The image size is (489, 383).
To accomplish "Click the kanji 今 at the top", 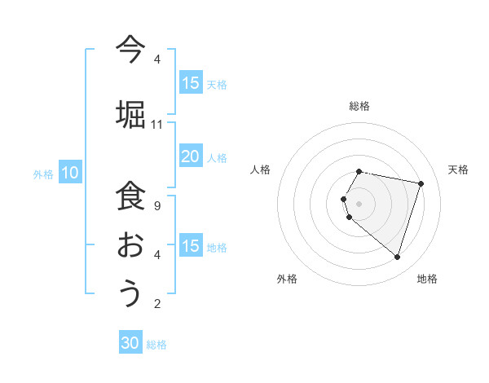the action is click(x=130, y=48).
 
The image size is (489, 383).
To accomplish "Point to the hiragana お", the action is click(x=130, y=244).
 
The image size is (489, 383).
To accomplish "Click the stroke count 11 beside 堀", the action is click(x=157, y=125).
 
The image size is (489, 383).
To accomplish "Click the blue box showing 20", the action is click(x=191, y=156).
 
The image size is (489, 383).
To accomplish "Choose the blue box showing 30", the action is click(x=130, y=343).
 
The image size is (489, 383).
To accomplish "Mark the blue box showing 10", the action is click(x=69, y=173).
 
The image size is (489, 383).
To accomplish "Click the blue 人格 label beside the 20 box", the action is click(x=217, y=157).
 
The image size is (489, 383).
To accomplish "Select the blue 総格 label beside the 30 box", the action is click(x=156, y=345).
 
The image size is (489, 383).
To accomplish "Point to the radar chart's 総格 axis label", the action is click(x=359, y=106).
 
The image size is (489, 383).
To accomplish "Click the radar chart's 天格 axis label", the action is click(x=458, y=169).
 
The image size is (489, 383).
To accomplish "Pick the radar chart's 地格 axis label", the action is click(x=427, y=279).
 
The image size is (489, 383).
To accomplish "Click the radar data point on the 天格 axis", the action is click(x=421, y=183).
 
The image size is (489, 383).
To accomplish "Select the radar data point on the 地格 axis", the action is click(x=397, y=257).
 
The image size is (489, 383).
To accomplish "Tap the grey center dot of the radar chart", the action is click(x=359, y=204).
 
